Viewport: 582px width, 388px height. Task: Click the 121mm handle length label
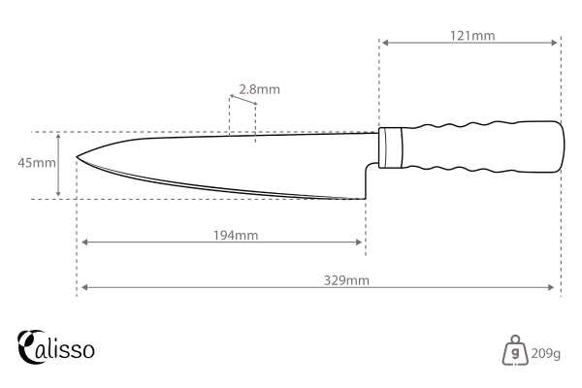click(472, 35)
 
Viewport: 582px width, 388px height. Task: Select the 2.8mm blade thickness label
click(259, 89)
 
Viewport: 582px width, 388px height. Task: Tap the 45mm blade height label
click(37, 163)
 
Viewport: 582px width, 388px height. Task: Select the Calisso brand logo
click(56, 346)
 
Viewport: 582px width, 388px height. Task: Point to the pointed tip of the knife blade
click(77, 155)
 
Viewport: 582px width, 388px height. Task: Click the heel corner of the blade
click(365, 197)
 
